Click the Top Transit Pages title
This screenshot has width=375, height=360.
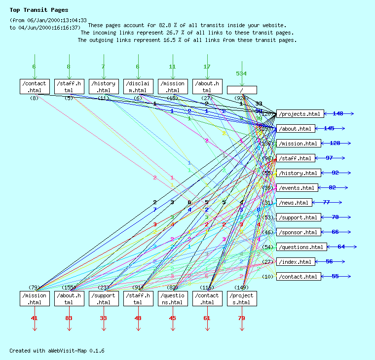[x=39, y=10]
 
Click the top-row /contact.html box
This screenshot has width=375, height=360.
[x=35, y=86]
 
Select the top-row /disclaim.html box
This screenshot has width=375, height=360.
[x=138, y=86]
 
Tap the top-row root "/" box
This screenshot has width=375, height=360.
[x=242, y=90]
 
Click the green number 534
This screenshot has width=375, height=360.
[x=241, y=73]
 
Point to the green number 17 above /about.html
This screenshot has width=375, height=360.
[x=207, y=67]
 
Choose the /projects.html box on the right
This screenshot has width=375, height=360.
[x=300, y=114]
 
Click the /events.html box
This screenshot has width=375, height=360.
[x=297, y=188]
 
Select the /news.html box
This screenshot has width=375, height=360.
[x=294, y=203]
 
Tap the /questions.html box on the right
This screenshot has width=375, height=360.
[x=301, y=247]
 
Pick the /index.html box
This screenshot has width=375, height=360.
[x=296, y=262]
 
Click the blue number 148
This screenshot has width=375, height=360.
[x=338, y=114]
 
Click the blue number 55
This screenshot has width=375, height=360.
[x=335, y=277]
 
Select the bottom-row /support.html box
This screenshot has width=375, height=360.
[x=104, y=298]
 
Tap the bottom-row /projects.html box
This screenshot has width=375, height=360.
[x=242, y=298]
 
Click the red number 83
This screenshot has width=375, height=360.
[x=69, y=318]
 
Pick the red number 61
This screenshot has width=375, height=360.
[x=207, y=318]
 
